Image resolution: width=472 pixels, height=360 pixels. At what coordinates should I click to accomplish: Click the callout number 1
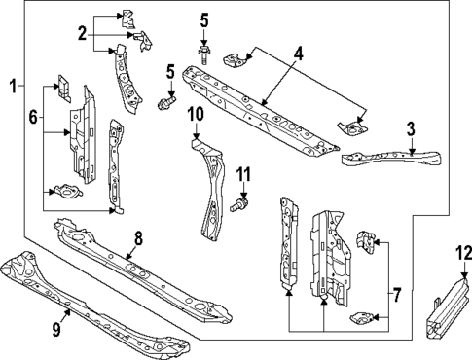[x=13, y=86]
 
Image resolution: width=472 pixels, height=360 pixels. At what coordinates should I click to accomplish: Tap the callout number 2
[x=81, y=33]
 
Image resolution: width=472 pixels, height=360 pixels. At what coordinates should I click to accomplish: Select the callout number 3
[x=412, y=128]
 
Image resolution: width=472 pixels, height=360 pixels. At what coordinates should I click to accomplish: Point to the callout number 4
[x=299, y=53]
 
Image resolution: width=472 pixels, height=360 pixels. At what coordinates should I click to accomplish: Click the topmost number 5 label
[x=204, y=19]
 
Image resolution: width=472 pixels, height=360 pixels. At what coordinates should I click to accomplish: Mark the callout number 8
[x=137, y=236]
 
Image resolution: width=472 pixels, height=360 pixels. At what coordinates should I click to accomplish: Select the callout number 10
[x=195, y=114]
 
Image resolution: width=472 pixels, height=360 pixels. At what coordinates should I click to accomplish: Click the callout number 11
[x=244, y=174]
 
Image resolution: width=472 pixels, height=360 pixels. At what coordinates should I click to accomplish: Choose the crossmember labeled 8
[x=146, y=272]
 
